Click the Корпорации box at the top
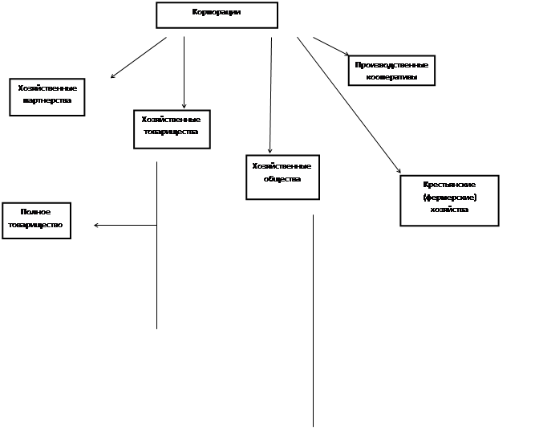pos(217,15)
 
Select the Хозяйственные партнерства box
pos(47,96)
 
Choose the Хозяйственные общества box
pos(282,177)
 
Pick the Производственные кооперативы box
pos(391,70)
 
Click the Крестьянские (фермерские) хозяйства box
pos(448,200)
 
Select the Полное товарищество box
pos(36,220)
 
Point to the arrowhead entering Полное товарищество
pos(97,226)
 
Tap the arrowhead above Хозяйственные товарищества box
pos(184,106)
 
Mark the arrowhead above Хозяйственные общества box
pos(270,150)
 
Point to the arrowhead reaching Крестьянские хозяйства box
pos(398,170)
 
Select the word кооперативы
pos(391,77)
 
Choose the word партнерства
pos(47,101)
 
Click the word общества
pos(282,179)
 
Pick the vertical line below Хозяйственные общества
pos(313,321)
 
